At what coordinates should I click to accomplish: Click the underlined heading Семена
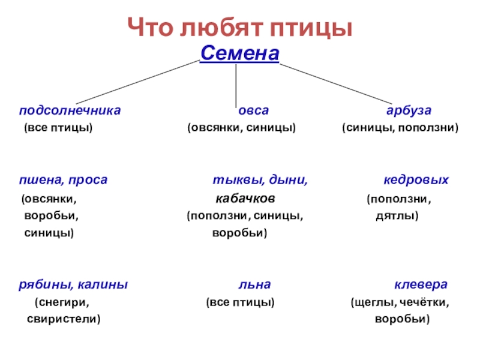(x=239, y=54)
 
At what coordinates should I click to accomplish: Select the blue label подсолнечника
(x=70, y=111)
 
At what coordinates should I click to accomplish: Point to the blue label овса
(x=253, y=111)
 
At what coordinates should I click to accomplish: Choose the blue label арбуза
(x=409, y=111)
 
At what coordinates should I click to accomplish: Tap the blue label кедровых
(x=416, y=180)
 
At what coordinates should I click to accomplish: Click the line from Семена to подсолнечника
(x=138, y=82)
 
